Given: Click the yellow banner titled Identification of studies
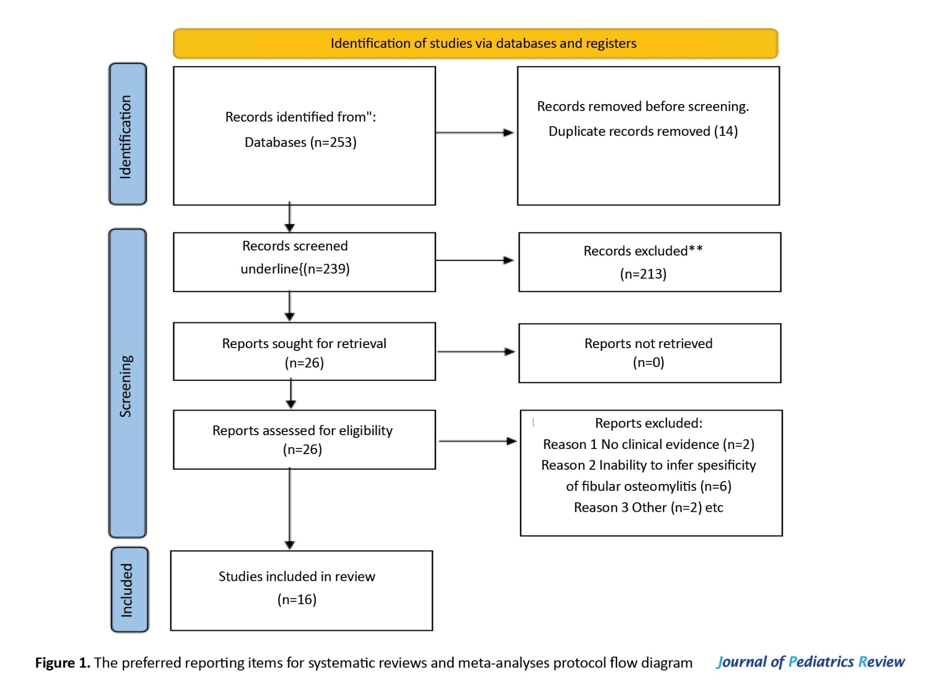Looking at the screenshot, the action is pyautogui.click(x=475, y=44).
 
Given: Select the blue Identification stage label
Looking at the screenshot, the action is pyautogui.click(x=128, y=134).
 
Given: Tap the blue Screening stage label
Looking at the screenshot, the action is pyautogui.click(x=128, y=383).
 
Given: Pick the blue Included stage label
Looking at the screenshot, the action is pyautogui.click(x=129, y=589).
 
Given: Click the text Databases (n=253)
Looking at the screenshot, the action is pyautogui.click(x=300, y=142).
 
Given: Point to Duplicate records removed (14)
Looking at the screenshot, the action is pyautogui.click(x=643, y=131).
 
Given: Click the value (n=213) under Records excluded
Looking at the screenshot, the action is pyautogui.click(x=643, y=274).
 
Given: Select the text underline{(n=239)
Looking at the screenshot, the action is pyautogui.click(x=295, y=269).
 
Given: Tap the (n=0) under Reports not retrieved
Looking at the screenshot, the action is pyautogui.click(x=648, y=362).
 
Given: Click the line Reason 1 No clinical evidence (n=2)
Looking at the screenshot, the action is pyautogui.click(x=648, y=444).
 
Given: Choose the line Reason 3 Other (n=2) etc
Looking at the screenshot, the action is pyautogui.click(x=648, y=508).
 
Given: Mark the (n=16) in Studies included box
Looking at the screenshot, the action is pyautogui.click(x=297, y=599).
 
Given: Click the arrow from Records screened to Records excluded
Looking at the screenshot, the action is pyautogui.click(x=474, y=260).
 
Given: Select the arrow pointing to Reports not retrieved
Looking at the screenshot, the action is pyautogui.click(x=476, y=351).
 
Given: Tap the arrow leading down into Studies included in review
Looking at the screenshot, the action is pyautogui.click(x=290, y=509).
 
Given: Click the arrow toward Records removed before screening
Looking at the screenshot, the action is pyautogui.click(x=474, y=132).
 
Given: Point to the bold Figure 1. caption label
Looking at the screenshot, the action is pyautogui.click(x=62, y=663).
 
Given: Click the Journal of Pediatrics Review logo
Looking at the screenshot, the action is pyautogui.click(x=811, y=662).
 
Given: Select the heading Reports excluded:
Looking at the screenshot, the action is pyautogui.click(x=648, y=423).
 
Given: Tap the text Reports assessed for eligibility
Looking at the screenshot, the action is pyautogui.click(x=303, y=430).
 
